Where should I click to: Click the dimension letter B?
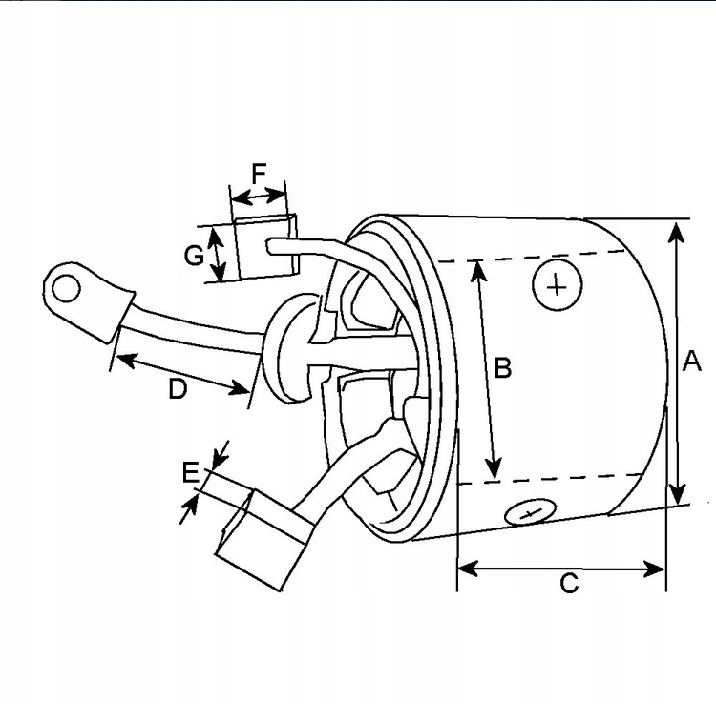coord(503,367)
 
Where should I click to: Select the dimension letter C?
coord(569,583)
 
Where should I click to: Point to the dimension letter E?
coord(191,471)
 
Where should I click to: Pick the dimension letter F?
coord(259,174)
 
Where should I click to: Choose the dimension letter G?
coord(194,255)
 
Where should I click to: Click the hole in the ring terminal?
coord(65,286)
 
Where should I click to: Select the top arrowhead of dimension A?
coord(676,230)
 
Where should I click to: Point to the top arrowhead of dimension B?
coord(478,268)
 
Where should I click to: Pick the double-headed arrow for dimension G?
coord(219,255)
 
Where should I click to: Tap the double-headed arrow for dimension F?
coord(259,197)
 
